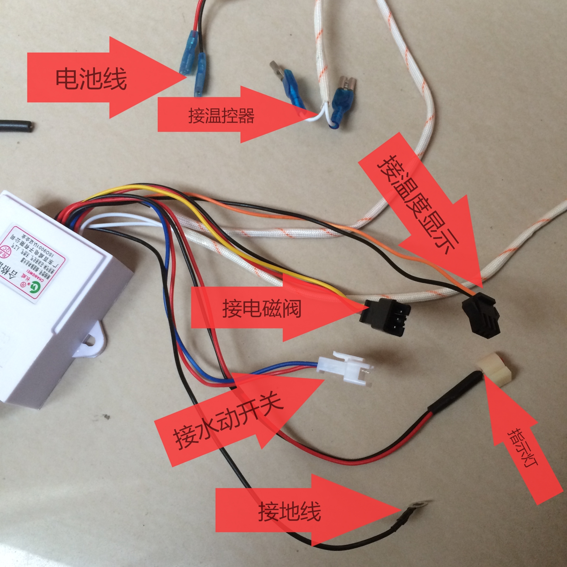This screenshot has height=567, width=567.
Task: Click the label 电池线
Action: click(x=91, y=78)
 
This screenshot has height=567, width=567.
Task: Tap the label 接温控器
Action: click(x=221, y=116)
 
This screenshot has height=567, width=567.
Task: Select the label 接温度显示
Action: click(x=417, y=207)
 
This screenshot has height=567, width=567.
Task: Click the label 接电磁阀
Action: click(x=261, y=308)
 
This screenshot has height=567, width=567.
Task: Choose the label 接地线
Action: click(x=289, y=512)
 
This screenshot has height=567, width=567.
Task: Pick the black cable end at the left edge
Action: click(x=17, y=126)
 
